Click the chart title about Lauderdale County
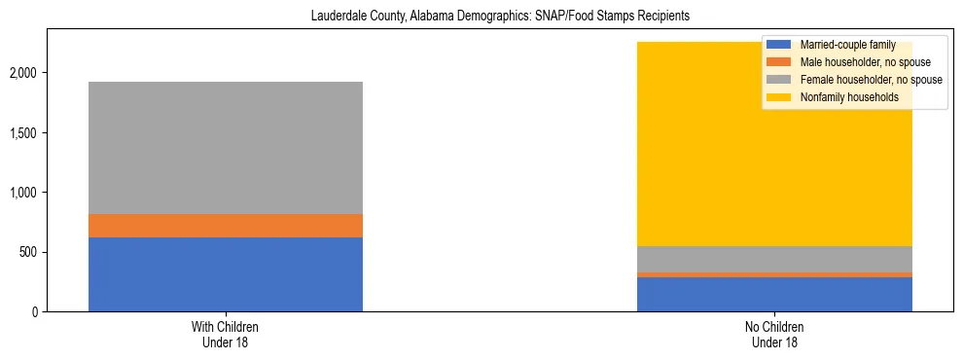click(500, 17)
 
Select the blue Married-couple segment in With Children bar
click(226, 274)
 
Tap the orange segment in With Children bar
click(226, 226)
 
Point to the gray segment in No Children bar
click(774, 259)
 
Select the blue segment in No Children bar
click(774, 294)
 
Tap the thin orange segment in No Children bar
click(774, 274)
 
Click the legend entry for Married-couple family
click(840, 45)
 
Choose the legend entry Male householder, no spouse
click(856, 62)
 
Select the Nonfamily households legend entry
click(842, 97)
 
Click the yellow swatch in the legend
click(778, 97)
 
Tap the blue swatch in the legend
click(778, 45)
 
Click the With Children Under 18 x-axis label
click(226, 334)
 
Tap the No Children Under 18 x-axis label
click(774, 334)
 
